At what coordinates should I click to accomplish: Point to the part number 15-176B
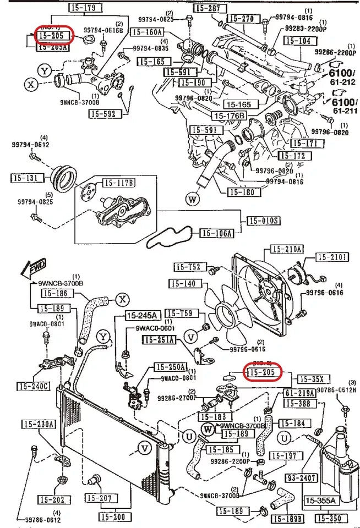(230, 116)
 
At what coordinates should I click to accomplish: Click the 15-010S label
(263, 221)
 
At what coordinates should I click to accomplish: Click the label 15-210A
(286, 249)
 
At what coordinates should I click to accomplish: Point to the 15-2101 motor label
(332, 257)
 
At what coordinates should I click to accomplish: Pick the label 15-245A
(143, 316)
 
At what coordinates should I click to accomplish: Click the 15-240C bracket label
(32, 386)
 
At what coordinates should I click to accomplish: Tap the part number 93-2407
(301, 478)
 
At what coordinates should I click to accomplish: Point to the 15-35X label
(314, 379)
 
